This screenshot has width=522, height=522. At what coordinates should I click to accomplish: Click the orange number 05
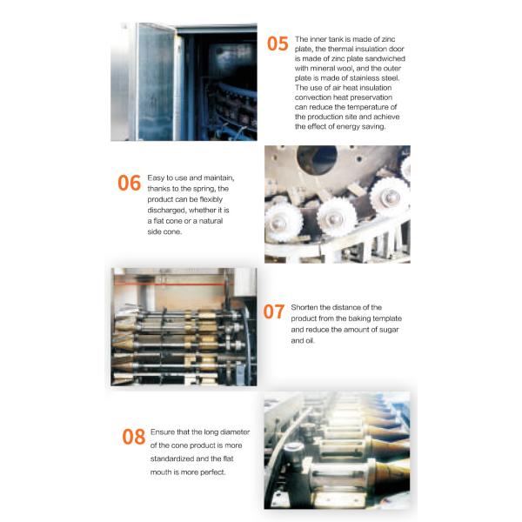278,44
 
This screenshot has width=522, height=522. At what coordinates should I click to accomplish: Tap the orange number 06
129,183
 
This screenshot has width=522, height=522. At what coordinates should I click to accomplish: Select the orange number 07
274,311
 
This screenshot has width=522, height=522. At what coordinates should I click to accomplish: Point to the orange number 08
133,437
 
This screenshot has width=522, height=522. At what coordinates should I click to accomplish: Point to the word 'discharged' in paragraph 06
167,211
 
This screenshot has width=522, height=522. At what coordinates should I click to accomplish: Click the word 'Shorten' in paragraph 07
304,308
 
